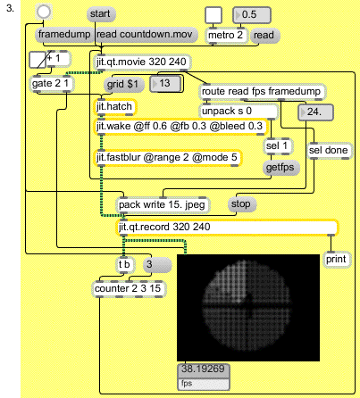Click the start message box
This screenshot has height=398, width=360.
coord(101,14)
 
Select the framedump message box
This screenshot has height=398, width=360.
coord(64,35)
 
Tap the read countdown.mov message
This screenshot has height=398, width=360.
coord(147,35)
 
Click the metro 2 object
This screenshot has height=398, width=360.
coord(227,36)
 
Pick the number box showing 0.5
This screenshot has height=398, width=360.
coord(252,15)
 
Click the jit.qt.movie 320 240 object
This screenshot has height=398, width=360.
coord(142,62)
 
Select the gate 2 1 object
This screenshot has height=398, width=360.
coord(52,84)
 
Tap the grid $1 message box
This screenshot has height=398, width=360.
coord(123,85)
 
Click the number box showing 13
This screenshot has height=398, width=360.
coord(165,84)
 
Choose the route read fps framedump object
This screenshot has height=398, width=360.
coord(263,92)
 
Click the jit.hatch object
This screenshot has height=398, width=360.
coord(115,107)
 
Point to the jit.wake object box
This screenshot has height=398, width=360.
coord(180,127)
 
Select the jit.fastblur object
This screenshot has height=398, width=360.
coord(168,158)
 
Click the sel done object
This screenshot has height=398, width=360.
coord(330,151)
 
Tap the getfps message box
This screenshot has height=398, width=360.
coord(280,168)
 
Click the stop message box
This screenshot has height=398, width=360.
coord(242,204)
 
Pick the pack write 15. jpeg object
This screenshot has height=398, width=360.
coord(163,205)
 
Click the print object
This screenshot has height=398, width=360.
coord(337,260)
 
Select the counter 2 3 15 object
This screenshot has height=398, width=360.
coord(129,289)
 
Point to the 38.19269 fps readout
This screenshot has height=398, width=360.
coord(204,377)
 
